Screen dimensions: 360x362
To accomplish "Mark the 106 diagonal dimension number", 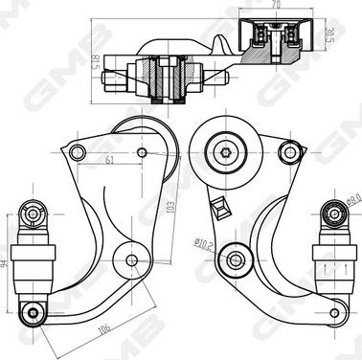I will pos(102,329).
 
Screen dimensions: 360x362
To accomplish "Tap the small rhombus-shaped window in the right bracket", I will pos(219,205).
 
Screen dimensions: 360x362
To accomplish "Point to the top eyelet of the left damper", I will pos(32,212).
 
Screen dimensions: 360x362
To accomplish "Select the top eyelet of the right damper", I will pos(331,212).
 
